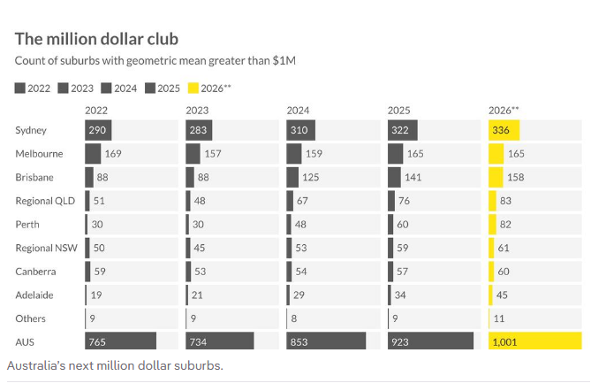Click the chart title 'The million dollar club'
(x=96, y=39)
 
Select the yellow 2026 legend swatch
(x=193, y=88)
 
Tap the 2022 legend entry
(x=33, y=88)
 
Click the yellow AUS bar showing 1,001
(x=534, y=341)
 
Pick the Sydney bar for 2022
(x=98, y=130)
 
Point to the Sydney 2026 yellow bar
(x=504, y=130)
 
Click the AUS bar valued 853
(x=326, y=341)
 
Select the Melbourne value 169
(x=113, y=154)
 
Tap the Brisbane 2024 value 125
(x=312, y=177)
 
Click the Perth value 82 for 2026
(x=505, y=225)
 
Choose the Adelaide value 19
(x=97, y=295)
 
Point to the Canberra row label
(x=35, y=272)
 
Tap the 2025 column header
(x=398, y=111)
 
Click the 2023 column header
(x=197, y=111)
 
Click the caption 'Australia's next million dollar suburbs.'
(x=115, y=364)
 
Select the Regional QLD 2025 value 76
(x=404, y=201)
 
